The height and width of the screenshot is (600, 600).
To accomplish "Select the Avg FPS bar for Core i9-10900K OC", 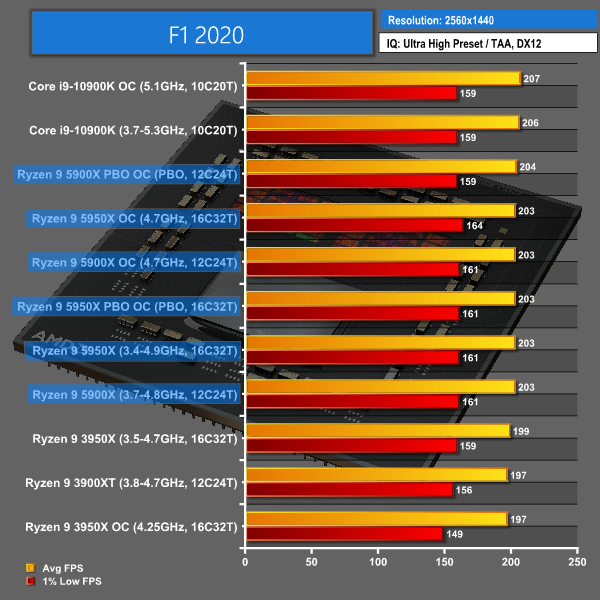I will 382,78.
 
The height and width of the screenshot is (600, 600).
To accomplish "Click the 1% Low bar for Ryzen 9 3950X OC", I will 344,534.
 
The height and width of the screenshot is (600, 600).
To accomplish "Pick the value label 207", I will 532,78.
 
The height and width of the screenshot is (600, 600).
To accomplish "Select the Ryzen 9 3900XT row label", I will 132,483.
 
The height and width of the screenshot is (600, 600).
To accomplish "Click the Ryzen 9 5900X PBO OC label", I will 128,175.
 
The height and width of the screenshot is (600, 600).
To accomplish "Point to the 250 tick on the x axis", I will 576,564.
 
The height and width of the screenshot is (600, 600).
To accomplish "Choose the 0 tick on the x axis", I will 245,564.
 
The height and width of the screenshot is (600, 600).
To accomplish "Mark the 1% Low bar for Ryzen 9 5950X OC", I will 354,226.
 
